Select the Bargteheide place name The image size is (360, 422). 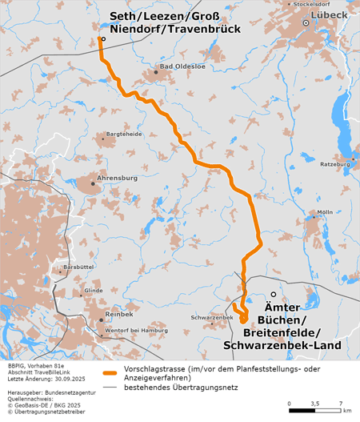[119, 135]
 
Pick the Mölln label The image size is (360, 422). [324, 212]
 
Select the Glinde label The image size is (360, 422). [94, 290]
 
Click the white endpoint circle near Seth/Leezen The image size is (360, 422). [102, 38]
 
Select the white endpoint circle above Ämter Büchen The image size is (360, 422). [273, 295]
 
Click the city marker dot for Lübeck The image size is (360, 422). [306, 24]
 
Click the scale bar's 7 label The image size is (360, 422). [341, 404]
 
